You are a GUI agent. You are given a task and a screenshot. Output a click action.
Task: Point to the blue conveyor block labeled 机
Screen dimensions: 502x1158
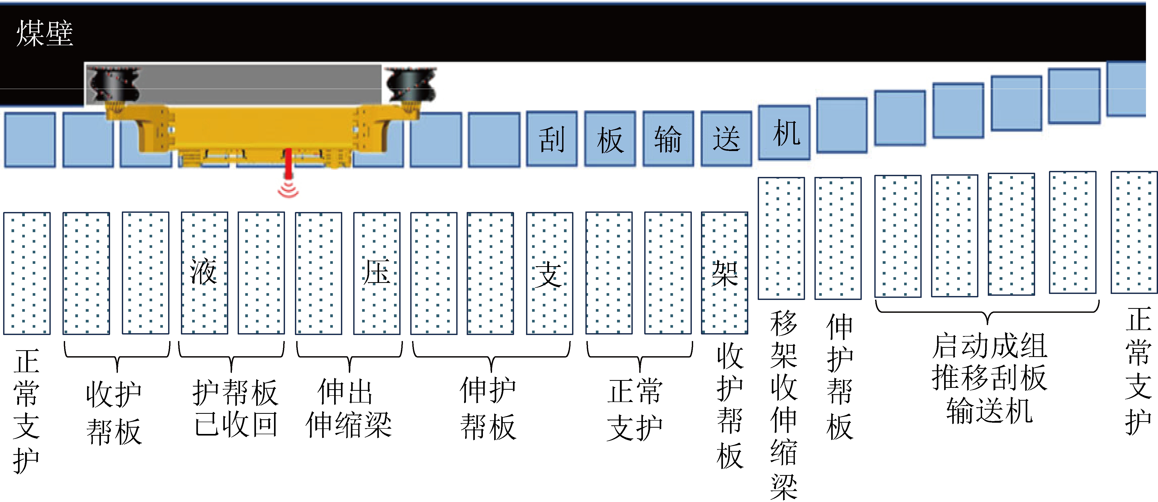click(x=784, y=133)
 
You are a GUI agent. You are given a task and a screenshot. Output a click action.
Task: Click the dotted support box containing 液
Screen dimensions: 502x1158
click(x=204, y=273)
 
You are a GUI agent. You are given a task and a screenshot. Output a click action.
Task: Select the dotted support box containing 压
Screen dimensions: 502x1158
click(x=377, y=273)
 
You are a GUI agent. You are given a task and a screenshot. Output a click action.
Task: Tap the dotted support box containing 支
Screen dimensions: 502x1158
click(x=549, y=273)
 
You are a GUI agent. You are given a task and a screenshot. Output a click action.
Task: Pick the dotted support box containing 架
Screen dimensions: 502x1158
click(x=724, y=273)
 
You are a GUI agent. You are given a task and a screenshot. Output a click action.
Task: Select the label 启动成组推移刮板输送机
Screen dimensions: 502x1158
click(x=989, y=378)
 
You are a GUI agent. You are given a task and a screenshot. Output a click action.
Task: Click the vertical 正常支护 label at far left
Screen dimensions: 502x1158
click(x=26, y=410)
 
